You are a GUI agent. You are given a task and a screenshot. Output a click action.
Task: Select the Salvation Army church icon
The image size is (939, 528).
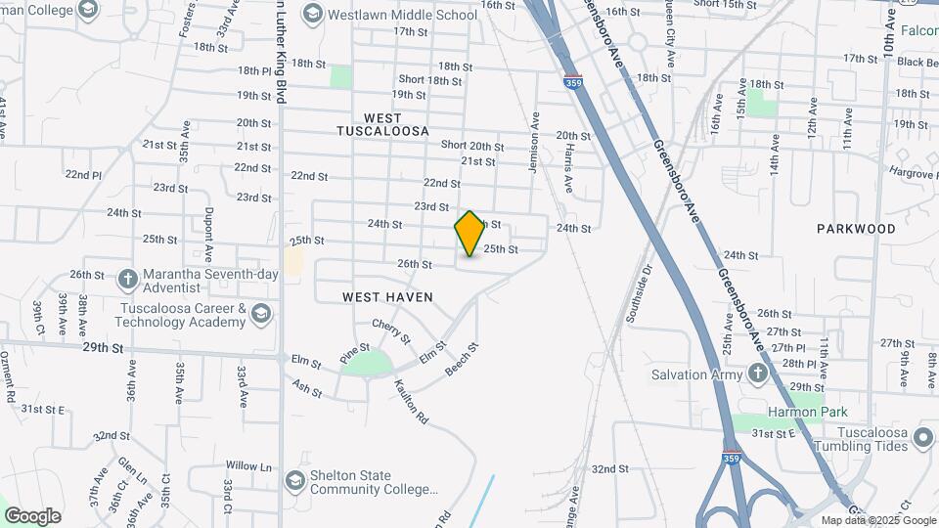(x=757, y=374)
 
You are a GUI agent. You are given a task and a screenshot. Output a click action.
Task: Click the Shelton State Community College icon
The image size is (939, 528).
(x=294, y=481)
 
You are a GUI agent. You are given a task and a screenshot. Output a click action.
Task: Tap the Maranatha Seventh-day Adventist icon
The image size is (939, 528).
(x=128, y=278)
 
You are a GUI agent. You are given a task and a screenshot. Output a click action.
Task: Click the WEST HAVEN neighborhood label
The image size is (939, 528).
(x=387, y=296)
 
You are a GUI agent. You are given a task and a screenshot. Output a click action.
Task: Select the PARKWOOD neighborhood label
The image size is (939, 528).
(x=856, y=229)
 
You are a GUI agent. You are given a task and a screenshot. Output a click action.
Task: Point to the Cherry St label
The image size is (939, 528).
(x=390, y=331)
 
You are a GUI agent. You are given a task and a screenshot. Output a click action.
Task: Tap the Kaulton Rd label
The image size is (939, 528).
(x=412, y=402)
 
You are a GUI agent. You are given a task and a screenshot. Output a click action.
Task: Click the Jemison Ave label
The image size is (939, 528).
(x=534, y=142)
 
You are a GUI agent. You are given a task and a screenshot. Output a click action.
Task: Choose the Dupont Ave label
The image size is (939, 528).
(x=208, y=236)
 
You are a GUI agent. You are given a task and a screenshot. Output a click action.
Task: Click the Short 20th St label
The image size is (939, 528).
(x=472, y=146)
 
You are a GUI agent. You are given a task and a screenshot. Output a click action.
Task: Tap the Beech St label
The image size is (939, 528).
(x=463, y=360)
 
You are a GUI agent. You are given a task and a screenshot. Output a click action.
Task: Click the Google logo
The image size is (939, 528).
(x=32, y=515)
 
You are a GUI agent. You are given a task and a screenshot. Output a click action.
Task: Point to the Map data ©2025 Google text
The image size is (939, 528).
(x=877, y=520)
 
